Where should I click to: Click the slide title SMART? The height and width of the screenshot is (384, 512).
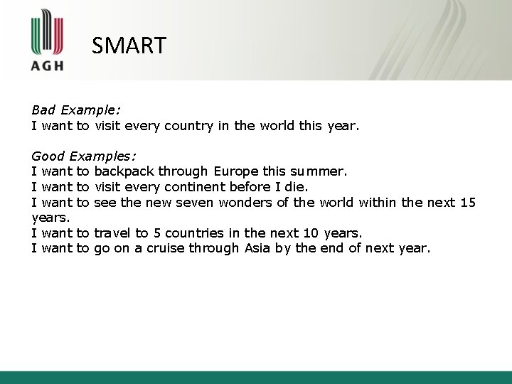[129, 46]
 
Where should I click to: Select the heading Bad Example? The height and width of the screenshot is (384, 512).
[76, 110]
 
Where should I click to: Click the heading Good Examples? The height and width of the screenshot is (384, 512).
[84, 155]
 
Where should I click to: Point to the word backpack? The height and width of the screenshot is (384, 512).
[124, 171]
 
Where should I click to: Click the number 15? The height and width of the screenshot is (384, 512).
[467, 203]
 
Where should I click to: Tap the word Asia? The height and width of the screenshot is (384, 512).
[259, 248]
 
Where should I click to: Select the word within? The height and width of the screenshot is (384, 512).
[378, 203]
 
